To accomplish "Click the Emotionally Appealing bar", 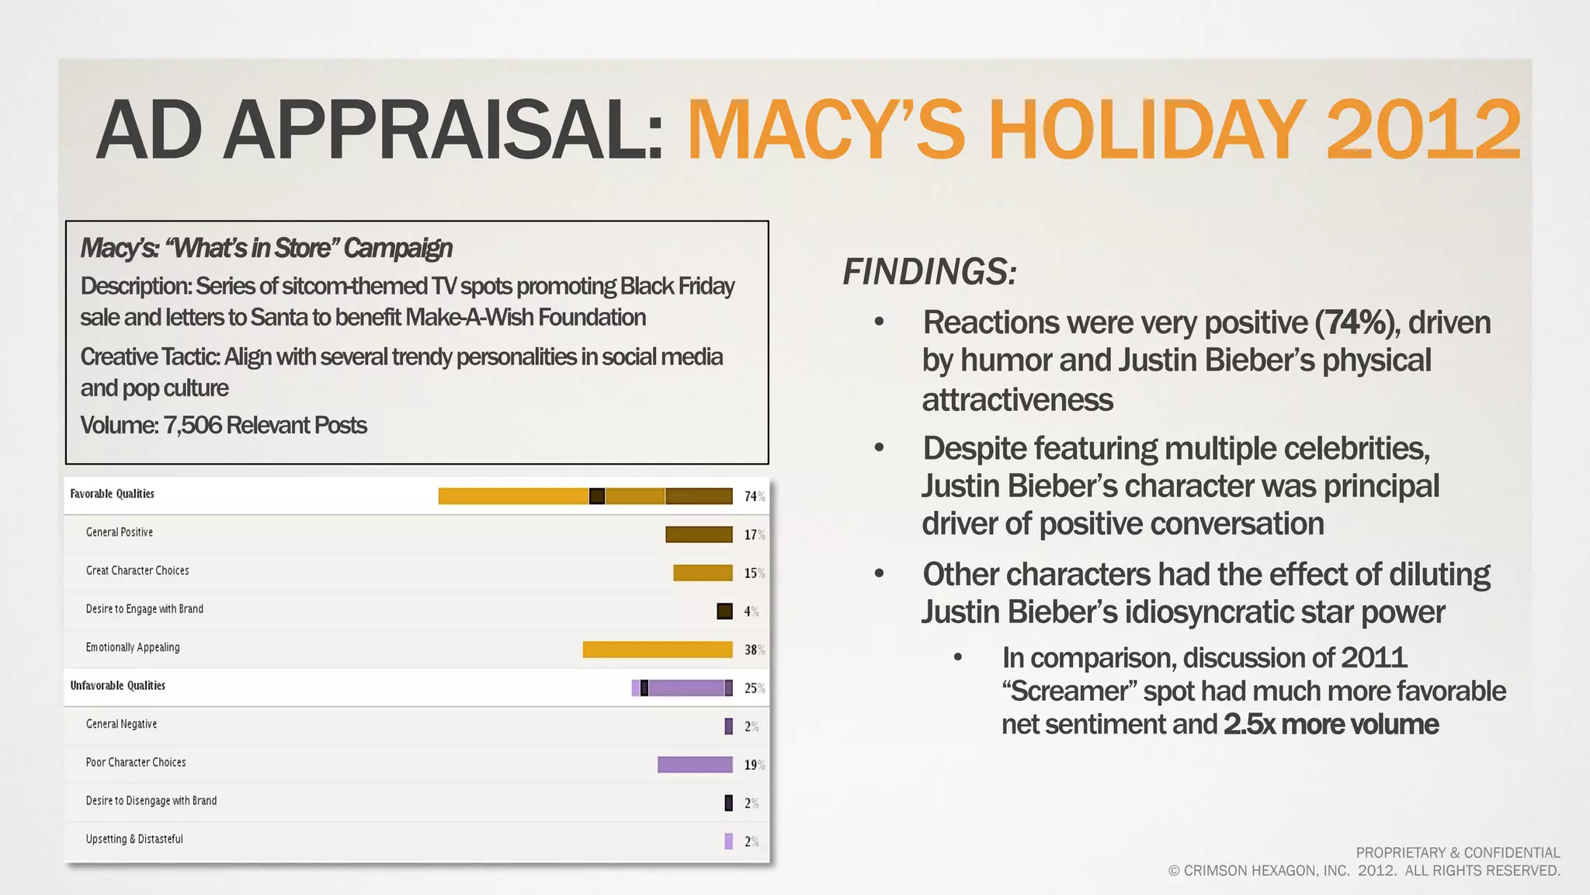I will [x=657, y=649].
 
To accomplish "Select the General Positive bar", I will [x=699, y=535].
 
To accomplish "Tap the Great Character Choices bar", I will [x=703, y=573].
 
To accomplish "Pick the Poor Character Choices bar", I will [x=695, y=764].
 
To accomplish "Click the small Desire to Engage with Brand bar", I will [x=724, y=611].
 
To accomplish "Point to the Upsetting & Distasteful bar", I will [x=728, y=841].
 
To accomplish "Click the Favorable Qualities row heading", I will [x=113, y=494].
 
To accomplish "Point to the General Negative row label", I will [x=121, y=724].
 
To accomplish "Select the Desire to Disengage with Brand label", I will [x=151, y=801].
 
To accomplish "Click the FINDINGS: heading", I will [x=929, y=272].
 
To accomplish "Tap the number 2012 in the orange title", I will [x=1422, y=130].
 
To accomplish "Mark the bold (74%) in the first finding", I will [x=1357, y=322].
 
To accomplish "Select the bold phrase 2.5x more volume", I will [x=1331, y=724].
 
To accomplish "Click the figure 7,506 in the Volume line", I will [x=193, y=426].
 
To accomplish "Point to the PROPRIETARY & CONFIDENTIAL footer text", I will [x=1457, y=853].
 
